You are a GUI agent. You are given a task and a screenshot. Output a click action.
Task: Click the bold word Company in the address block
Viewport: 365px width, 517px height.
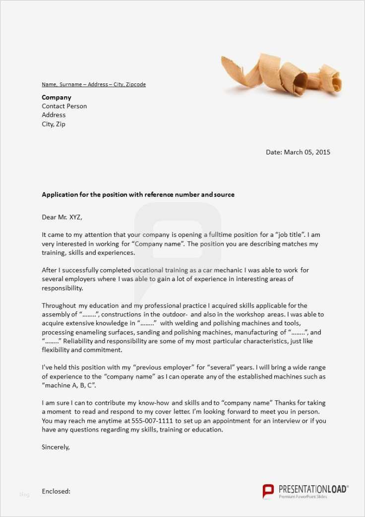[x=57, y=97]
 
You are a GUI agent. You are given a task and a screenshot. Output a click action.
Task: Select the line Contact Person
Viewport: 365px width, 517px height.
[x=64, y=106]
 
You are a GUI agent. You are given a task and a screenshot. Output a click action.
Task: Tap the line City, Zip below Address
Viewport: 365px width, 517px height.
[x=54, y=124]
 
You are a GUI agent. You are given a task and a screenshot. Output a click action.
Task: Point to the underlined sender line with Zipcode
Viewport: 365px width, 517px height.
[x=94, y=84]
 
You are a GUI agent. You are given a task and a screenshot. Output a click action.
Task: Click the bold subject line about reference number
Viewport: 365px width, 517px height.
[x=138, y=195]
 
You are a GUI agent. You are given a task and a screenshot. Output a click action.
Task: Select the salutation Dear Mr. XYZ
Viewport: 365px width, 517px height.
[x=62, y=217]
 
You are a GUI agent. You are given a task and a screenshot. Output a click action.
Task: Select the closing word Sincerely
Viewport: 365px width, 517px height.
[x=56, y=447]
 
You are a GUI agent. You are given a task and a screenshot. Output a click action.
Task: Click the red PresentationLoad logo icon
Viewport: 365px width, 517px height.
[x=268, y=491]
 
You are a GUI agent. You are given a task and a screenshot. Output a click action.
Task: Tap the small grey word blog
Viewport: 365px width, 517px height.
[x=24, y=495]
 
